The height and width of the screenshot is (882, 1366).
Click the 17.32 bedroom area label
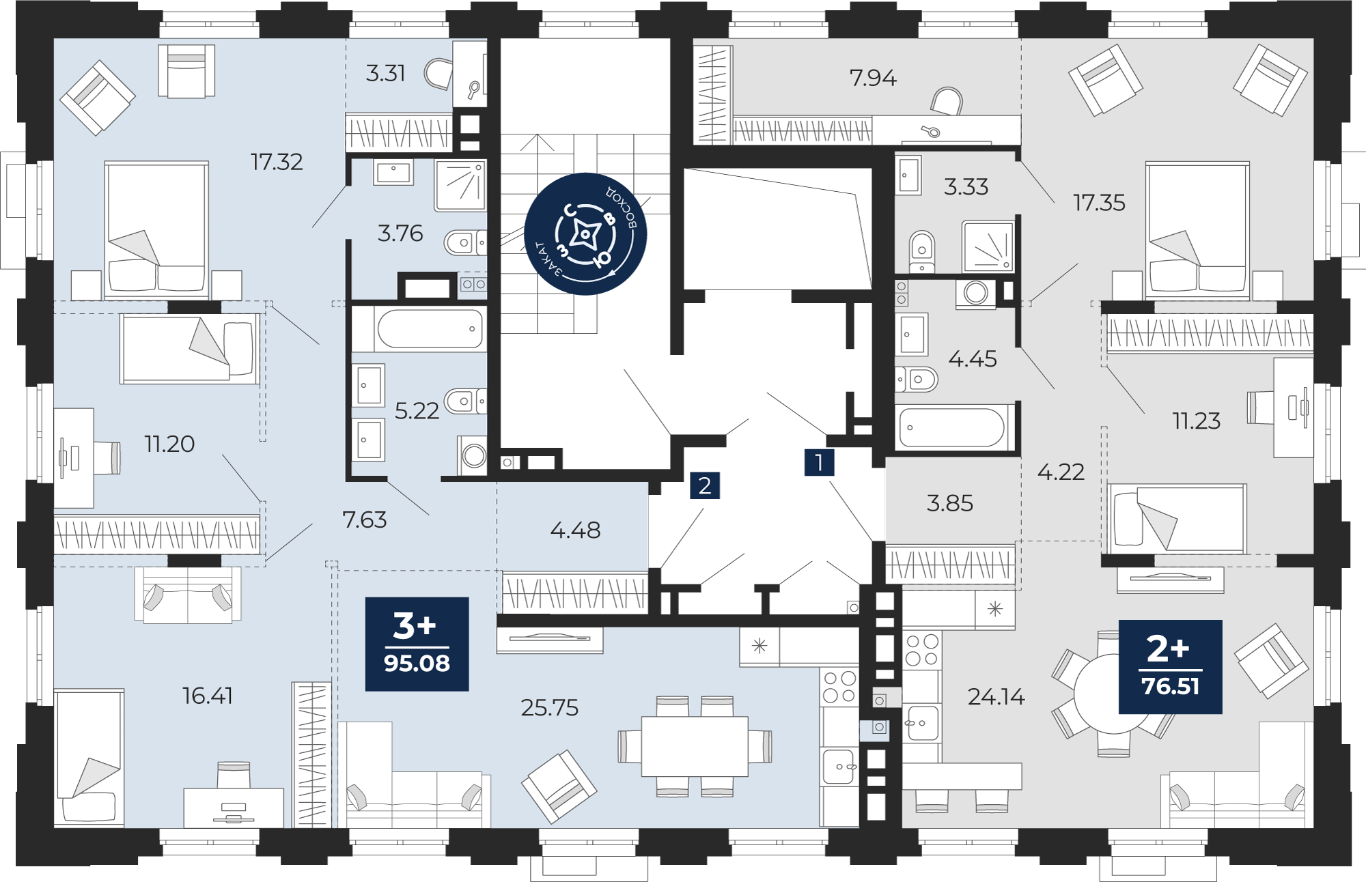point(277,162)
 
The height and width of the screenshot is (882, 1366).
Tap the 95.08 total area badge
point(417,644)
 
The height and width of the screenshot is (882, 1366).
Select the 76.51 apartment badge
point(1170,666)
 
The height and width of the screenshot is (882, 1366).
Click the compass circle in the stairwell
point(585,234)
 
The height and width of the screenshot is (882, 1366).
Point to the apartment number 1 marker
point(819,462)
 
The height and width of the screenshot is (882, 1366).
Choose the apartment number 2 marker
point(705,485)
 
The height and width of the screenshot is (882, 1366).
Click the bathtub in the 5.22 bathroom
point(430,329)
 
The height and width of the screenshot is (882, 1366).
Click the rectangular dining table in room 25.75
point(695,746)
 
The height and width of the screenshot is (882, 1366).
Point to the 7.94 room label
point(873,78)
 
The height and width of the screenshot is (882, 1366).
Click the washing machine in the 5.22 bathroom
point(473,455)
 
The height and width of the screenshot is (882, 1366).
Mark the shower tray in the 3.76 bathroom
point(460,186)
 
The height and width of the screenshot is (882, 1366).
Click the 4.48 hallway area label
point(575,530)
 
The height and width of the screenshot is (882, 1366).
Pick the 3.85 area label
point(949,503)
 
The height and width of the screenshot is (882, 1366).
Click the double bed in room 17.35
point(1197,230)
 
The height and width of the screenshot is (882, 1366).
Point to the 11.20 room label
point(169,444)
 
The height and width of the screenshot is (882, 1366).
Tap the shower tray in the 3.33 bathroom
point(988,245)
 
